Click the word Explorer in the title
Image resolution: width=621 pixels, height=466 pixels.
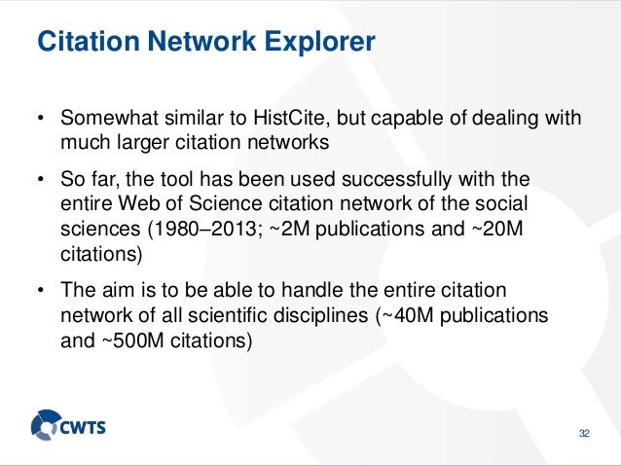(318, 43)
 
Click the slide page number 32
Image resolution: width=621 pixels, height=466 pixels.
(584, 432)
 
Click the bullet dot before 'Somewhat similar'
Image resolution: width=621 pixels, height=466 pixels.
(41, 120)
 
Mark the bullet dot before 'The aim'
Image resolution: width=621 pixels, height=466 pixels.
(41, 294)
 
